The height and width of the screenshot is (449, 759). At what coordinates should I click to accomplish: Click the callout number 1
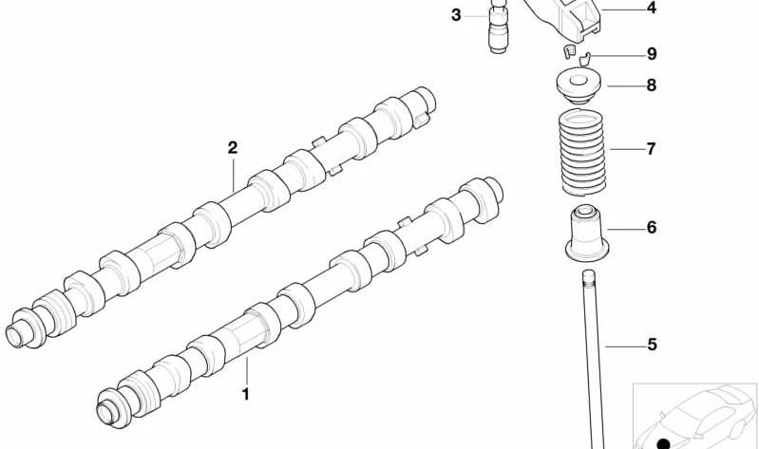[246, 394]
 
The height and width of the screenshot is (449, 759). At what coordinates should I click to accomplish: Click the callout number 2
[233, 147]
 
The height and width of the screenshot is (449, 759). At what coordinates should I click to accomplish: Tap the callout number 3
[456, 15]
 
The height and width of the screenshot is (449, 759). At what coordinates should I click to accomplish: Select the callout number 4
[652, 8]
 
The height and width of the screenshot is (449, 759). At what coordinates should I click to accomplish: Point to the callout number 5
[652, 345]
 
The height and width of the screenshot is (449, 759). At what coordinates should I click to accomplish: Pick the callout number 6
[652, 227]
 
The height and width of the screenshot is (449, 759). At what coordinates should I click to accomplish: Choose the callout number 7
[651, 148]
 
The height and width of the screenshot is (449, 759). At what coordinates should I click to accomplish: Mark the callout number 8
[652, 85]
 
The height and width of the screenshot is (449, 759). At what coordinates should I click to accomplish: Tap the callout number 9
[652, 54]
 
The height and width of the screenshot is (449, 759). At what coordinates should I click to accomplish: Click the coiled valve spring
[583, 153]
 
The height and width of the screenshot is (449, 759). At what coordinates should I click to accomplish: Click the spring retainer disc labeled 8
[578, 86]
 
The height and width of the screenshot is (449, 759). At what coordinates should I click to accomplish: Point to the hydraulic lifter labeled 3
[498, 27]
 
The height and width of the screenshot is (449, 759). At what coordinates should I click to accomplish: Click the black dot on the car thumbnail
[664, 443]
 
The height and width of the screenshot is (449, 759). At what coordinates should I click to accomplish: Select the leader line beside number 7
[627, 149]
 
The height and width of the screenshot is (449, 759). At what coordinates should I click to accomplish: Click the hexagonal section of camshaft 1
[240, 333]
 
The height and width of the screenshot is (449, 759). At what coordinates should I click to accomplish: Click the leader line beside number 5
[625, 346]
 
